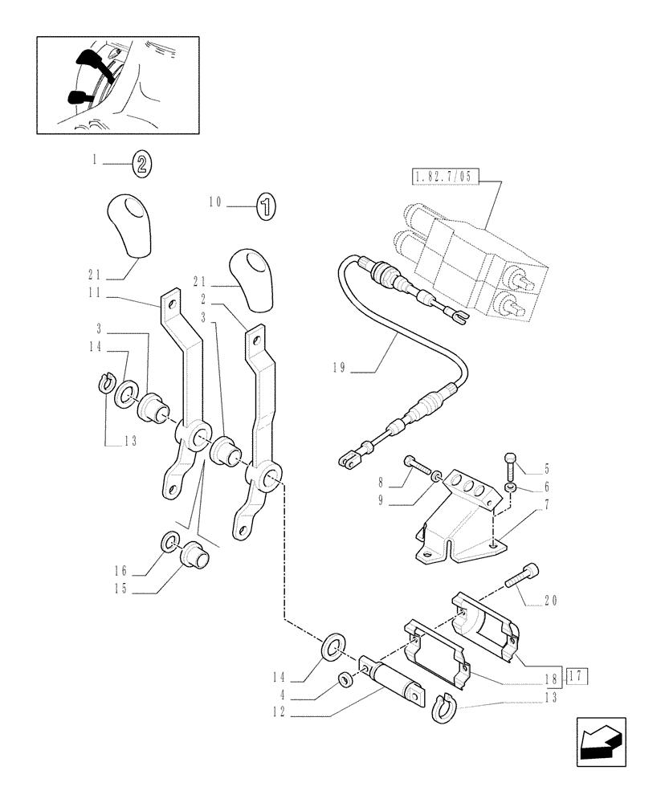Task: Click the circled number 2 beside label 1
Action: [x=141, y=165]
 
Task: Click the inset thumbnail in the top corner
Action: [x=118, y=84]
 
